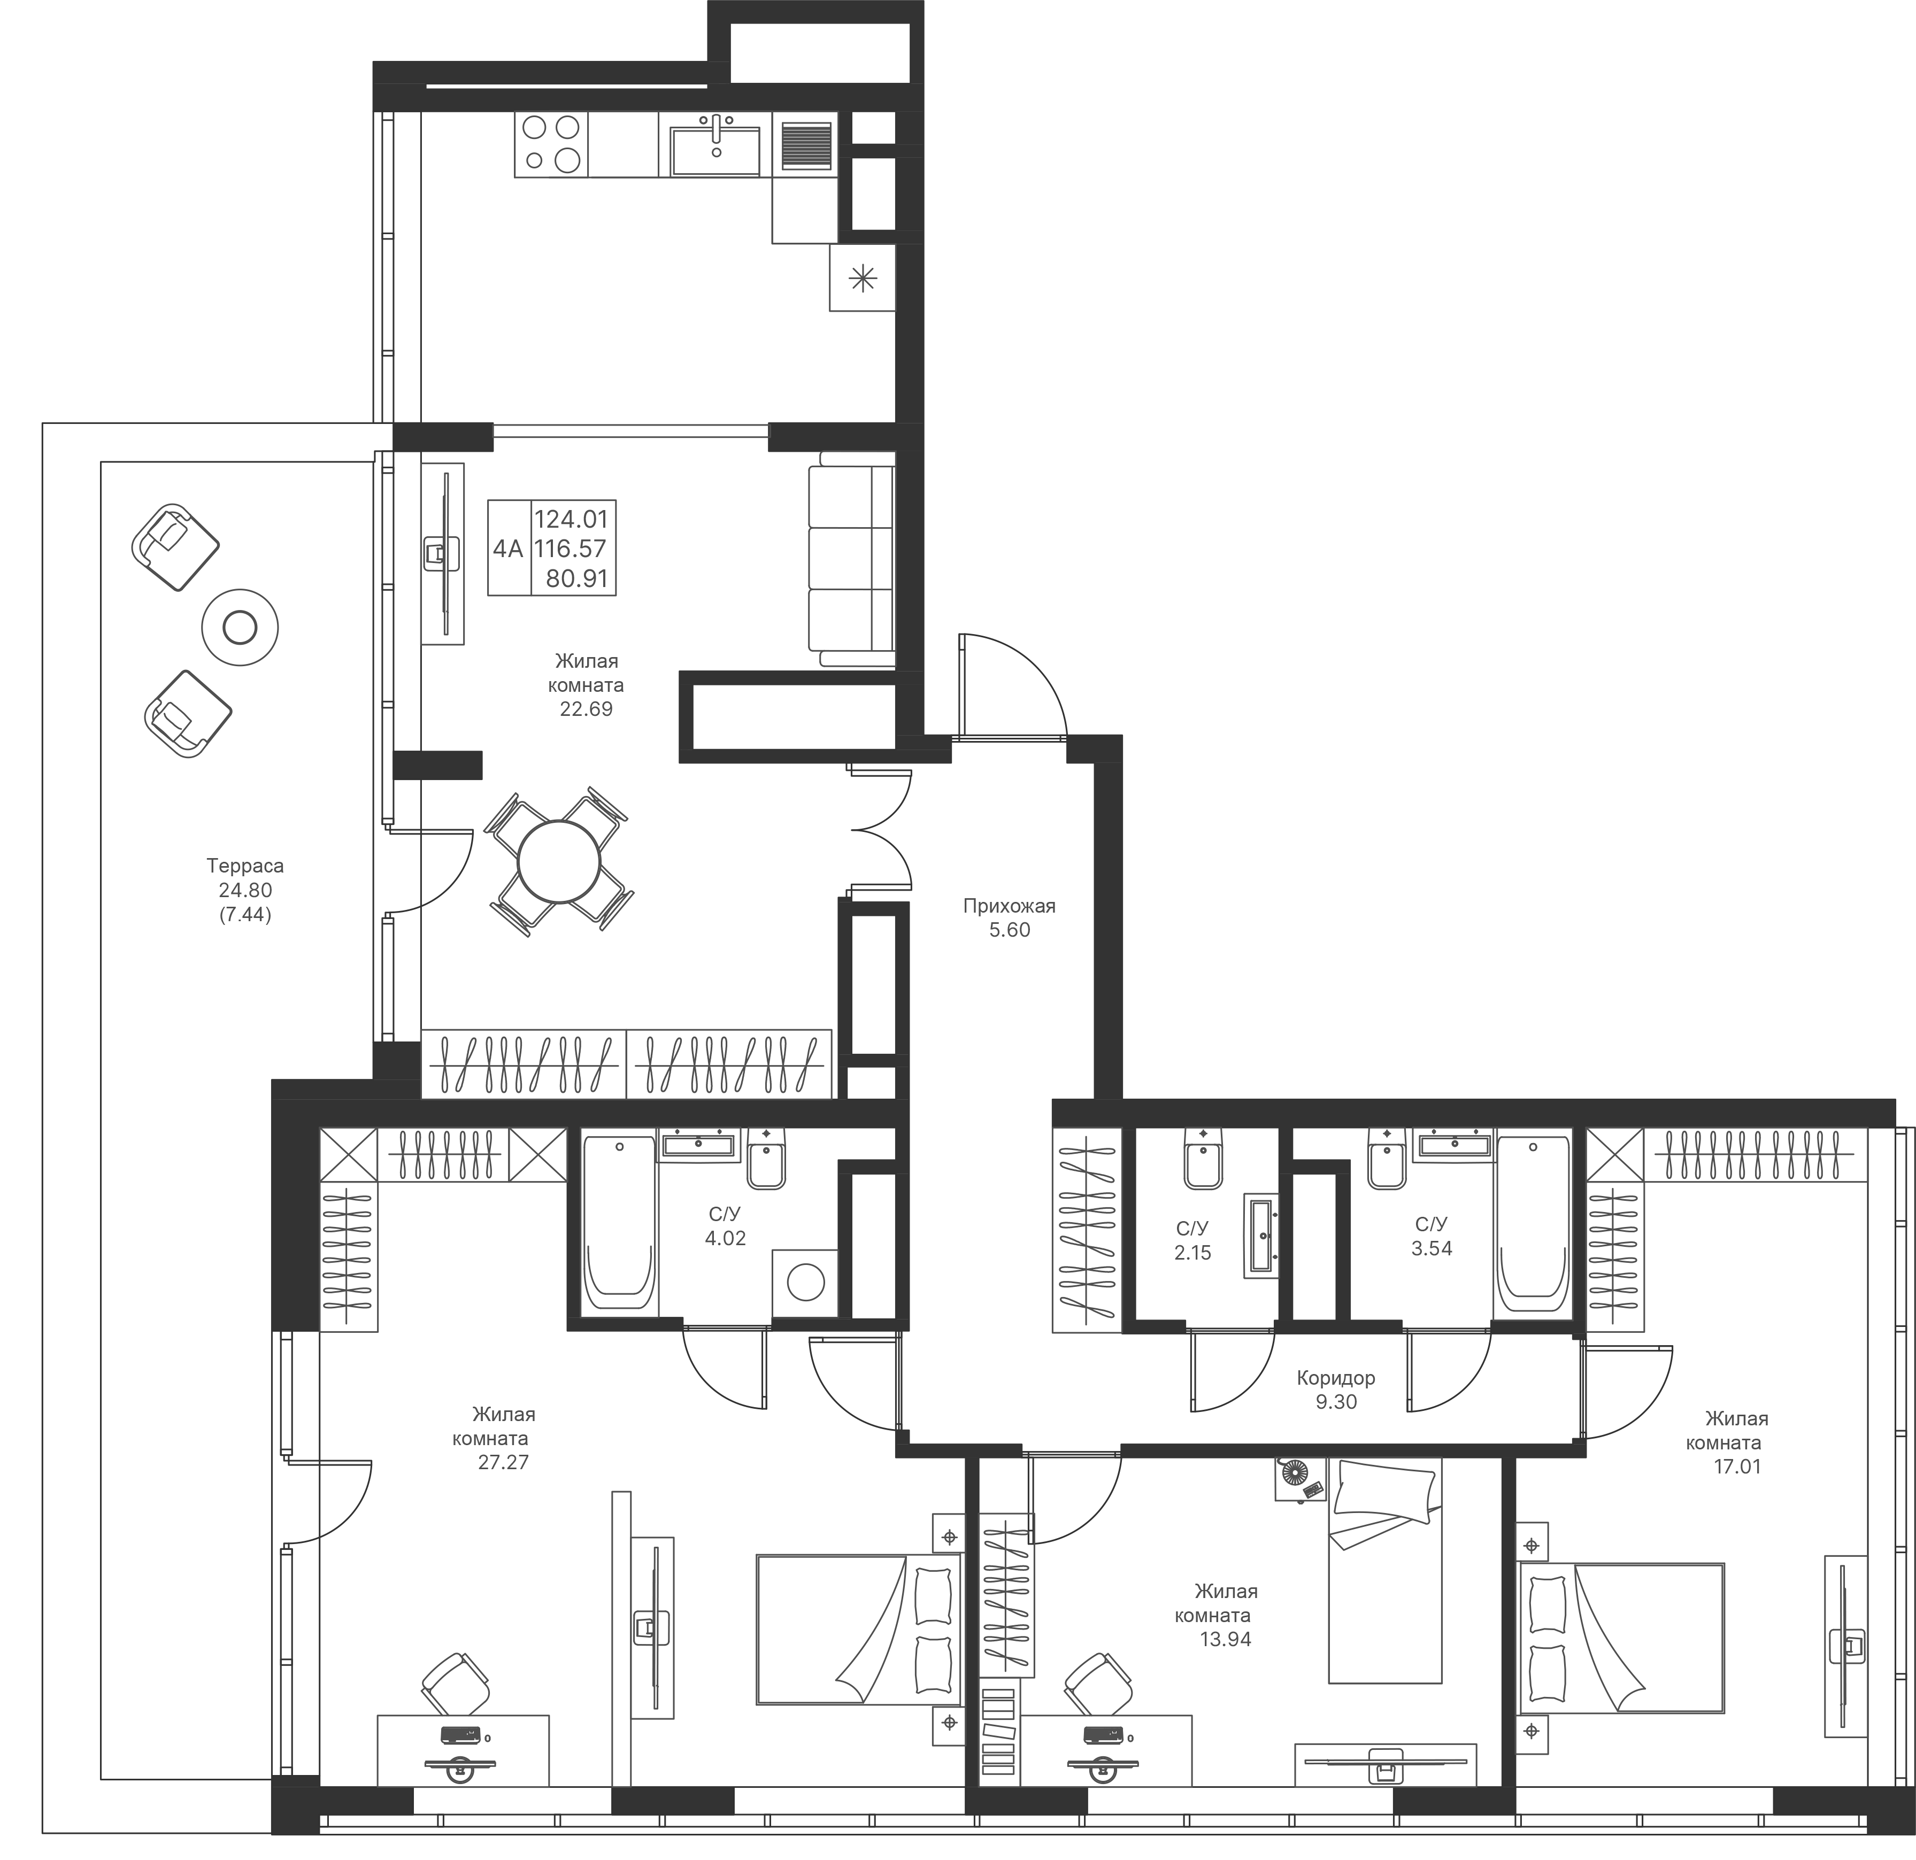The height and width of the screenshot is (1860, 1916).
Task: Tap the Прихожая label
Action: [1010, 906]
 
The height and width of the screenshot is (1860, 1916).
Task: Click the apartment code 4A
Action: [509, 549]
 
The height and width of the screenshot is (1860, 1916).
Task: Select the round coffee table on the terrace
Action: [240, 627]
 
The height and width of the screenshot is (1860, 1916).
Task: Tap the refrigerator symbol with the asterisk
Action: [862, 279]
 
